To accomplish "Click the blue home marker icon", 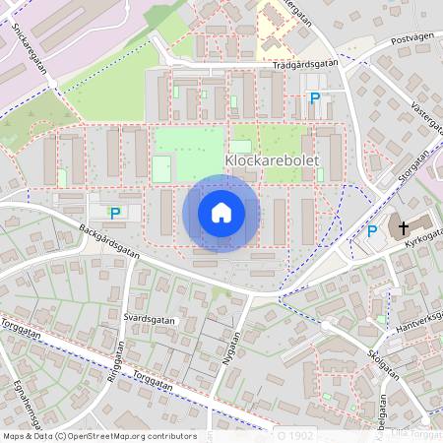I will pyautogui.click(x=221, y=213).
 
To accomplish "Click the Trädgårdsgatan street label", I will pyautogui.click(x=305, y=64).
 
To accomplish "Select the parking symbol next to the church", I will pyautogui.click(x=371, y=231).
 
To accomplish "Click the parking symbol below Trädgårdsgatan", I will pyautogui.click(x=315, y=97).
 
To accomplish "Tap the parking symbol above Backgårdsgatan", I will pyautogui.click(x=115, y=212).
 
